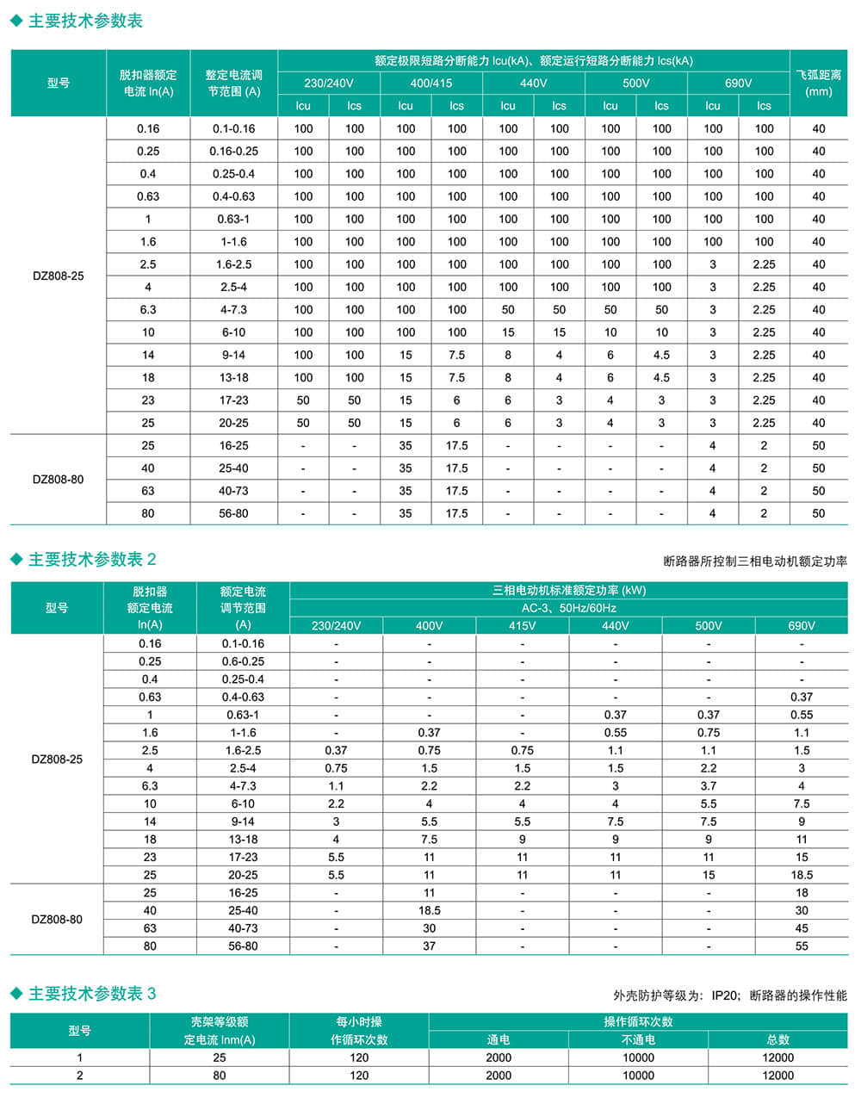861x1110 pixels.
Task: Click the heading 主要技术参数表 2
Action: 91,560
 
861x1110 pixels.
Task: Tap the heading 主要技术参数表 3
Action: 91,994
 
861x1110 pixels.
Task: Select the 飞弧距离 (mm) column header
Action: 818,83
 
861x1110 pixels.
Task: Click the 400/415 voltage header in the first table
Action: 431,84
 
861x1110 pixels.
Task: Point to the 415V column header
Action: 522,625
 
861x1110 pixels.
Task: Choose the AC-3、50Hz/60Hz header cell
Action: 568,608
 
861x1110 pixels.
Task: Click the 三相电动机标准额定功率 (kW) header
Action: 568,591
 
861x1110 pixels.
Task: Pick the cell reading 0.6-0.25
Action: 243,661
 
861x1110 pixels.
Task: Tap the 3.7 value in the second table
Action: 709,785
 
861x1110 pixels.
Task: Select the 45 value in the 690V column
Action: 802,928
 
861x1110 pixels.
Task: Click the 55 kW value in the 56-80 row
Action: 802,946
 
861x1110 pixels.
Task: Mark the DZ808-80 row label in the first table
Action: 58,480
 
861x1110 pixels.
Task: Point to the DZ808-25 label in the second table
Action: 57,760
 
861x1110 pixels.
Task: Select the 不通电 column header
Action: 638,1039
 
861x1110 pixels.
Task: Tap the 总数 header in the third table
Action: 777,1039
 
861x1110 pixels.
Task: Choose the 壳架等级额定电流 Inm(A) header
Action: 220,1031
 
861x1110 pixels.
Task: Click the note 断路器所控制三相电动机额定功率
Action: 755,561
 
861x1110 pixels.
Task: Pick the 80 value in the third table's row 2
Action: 220,1076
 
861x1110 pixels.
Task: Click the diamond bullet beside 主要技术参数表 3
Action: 16,994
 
